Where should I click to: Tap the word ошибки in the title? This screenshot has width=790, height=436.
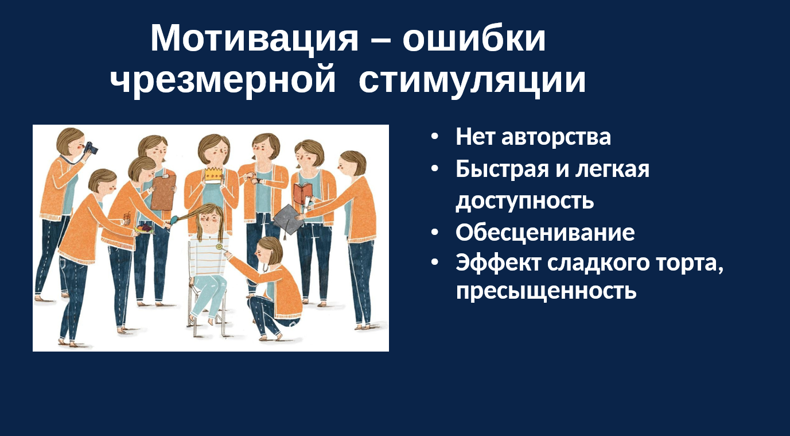coord(474,38)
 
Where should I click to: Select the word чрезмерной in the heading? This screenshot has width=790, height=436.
coord(223,80)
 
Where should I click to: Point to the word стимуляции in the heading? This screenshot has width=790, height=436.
coord(472,80)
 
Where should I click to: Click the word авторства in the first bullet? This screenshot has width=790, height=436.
coord(556,137)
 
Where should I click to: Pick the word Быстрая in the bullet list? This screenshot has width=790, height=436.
coord(502,169)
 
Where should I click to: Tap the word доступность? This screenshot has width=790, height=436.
coord(525,201)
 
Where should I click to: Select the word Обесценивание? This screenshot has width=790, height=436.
coord(545,233)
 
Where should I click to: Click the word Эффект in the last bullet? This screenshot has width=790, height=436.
coord(499,263)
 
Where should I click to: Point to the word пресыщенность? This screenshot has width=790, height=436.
coord(546,291)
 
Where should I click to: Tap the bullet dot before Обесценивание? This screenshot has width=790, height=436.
coord(435,232)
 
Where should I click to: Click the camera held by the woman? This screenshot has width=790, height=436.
coord(91,148)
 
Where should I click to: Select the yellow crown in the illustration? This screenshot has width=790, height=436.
coord(215,175)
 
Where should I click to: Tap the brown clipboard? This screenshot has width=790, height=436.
coord(164,192)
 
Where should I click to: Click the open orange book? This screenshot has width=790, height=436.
coord(303,194)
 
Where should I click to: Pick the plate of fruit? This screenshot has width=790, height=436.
coord(144,229)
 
